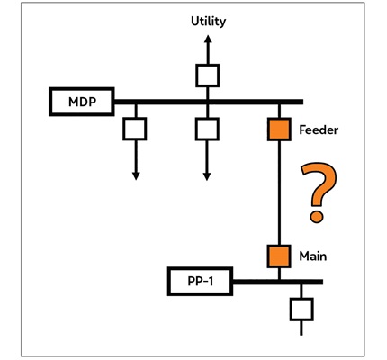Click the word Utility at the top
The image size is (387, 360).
click(208, 22)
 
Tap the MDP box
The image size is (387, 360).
click(82, 102)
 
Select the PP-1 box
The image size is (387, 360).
click(200, 282)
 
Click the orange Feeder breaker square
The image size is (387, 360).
click(279, 130)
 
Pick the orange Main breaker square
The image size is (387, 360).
click(279, 256)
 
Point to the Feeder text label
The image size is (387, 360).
click(319, 130)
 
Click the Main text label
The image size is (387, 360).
click(313, 256)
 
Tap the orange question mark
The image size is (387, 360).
click(319, 193)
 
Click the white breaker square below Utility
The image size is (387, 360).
click(207, 76)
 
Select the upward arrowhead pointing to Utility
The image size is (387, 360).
click(208, 39)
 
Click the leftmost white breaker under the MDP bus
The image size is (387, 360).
click(135, 129)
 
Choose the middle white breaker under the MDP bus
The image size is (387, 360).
click(207, 130)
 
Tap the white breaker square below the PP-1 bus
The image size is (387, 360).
click(301, 310)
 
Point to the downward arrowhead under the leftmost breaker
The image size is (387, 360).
click(136, 176)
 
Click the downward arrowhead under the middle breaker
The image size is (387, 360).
click(207, 176)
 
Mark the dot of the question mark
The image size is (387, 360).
click(317, 217)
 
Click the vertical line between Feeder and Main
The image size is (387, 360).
click(279, 193)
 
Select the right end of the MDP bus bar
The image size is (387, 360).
click(302, 102)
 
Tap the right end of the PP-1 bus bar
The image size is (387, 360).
click(322, 282)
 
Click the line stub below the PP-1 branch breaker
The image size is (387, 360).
click(301, 328)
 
